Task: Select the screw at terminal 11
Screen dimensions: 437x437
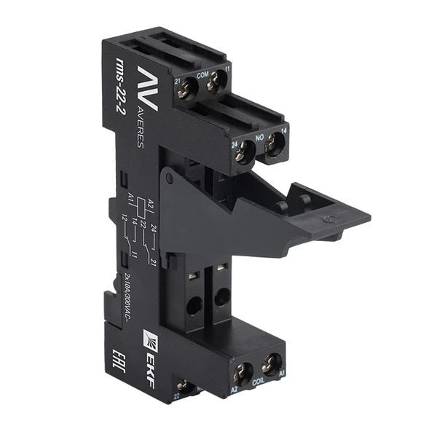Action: [213, 85]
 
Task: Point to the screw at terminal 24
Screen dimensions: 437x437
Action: [244, 151]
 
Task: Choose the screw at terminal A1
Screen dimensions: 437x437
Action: [272, 367]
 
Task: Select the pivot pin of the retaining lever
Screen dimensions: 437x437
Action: [168, 178]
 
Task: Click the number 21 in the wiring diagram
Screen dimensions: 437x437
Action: [149, 259]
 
